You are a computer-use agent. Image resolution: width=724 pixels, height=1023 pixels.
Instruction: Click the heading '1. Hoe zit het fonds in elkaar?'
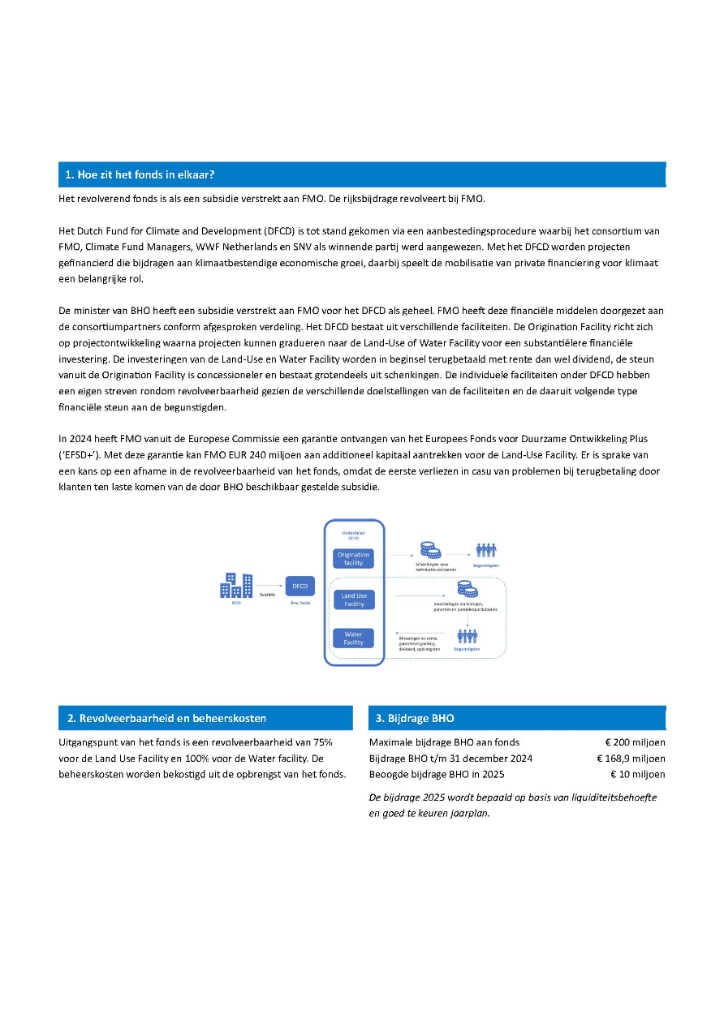[140, 174]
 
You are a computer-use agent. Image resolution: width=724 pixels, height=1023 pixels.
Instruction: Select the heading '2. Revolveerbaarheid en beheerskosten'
[166, 718]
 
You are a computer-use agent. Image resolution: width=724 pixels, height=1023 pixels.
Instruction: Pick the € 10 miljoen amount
[638, 774]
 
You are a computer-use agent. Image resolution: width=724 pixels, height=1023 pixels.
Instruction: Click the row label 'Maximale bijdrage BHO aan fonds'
[444, 742]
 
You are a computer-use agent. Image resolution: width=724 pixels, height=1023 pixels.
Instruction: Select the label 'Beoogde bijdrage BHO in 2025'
[437, 774]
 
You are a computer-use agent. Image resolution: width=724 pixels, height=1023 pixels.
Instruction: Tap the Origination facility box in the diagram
[354, 559]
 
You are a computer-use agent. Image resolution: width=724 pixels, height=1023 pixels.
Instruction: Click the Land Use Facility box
[354, 600]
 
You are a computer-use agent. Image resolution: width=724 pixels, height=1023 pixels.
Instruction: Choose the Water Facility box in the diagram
[354, 638]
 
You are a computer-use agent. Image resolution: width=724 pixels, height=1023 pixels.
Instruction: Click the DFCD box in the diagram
[300, 586]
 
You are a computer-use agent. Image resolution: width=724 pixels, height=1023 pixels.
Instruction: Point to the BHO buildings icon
[236, 585]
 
